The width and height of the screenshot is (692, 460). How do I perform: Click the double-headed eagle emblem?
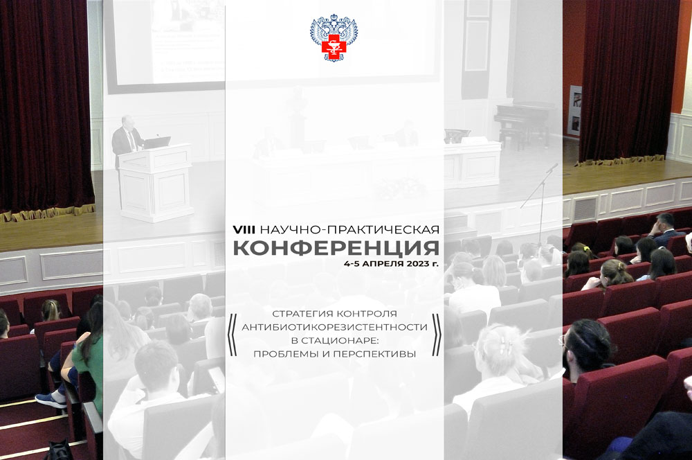coord(334,37)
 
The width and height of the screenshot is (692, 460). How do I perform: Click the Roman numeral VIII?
coord(244,230)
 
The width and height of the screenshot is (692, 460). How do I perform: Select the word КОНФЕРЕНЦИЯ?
coord(336,248)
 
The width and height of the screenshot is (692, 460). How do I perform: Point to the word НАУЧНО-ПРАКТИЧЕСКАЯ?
coord(349,230)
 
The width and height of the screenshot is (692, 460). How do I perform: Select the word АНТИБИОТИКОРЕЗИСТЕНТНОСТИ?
coord(334,328)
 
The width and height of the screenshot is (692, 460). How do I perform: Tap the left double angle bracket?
coord(232,335)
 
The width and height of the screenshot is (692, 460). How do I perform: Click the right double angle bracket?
coord(436,335)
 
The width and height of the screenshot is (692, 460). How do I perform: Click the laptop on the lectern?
coord(156,143)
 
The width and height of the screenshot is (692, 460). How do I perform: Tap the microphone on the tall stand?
coord(552,168)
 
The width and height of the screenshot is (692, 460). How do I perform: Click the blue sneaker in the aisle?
coord(51,400)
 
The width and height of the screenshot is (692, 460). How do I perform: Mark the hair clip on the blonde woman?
coord(505,345)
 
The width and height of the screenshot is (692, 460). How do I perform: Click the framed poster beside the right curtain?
coord(574,110)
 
